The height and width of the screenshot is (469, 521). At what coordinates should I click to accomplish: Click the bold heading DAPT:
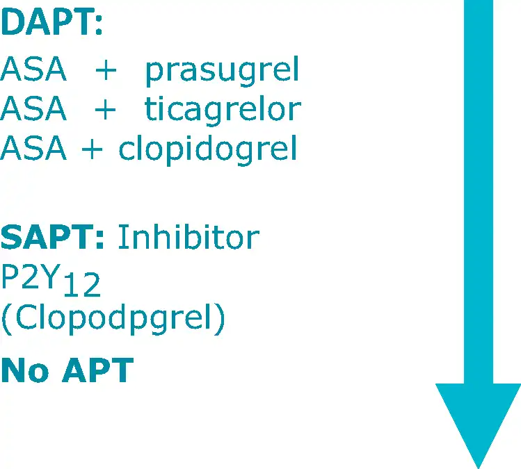click(51, 22)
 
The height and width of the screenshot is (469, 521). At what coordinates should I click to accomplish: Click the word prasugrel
click(223, 71)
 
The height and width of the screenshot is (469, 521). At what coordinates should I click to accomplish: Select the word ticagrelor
click(223, 109)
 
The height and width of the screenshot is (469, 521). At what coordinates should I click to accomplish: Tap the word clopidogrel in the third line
click(208, 149)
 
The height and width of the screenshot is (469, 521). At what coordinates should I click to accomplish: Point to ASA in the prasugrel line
click(33, 69)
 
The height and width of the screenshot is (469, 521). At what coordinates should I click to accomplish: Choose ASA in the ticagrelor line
click(33, 108)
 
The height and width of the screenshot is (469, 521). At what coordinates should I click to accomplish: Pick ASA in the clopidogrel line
click(33, 148)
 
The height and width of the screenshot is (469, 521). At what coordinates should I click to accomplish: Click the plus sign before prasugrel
click(106, 70)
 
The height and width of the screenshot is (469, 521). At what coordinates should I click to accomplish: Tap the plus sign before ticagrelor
click(105, 109)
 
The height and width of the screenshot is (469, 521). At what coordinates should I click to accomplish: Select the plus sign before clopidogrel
click(92, 149)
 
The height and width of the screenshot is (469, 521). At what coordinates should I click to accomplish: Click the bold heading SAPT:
click(52, 237)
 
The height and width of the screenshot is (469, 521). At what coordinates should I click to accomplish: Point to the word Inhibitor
click(189, 236)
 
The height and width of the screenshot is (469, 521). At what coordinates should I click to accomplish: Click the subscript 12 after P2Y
click(82, 284)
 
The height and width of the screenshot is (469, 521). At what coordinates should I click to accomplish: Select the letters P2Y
click(31, 276)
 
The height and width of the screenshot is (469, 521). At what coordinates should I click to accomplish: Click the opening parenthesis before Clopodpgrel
click(7, 320)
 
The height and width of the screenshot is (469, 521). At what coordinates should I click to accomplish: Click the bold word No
click(25, 370)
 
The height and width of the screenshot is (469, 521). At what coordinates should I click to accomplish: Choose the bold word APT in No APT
click(98, 370)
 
